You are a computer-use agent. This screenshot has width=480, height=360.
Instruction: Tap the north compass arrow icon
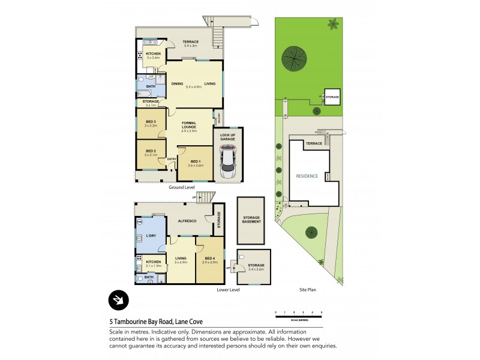[x=119, y=300]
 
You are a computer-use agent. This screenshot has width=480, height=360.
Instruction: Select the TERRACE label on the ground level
[x=191, y=41]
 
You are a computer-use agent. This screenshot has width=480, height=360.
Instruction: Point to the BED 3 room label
[x=150, y=122]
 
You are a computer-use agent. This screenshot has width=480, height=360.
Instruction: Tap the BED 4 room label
[x=209, y=258]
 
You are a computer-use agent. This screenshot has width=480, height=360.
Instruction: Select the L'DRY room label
[x=151, y=235]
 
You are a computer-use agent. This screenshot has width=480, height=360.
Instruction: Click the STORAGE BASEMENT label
[x=251, y=220]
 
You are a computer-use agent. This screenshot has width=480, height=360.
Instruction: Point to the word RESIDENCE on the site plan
[x=307, y=176]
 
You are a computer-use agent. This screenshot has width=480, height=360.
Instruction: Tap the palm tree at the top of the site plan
[x=332, y=25]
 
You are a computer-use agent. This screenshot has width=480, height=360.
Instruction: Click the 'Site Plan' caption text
[x=307, y=290]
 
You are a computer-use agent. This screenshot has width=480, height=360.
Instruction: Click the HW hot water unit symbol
[x=140, y=221]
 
